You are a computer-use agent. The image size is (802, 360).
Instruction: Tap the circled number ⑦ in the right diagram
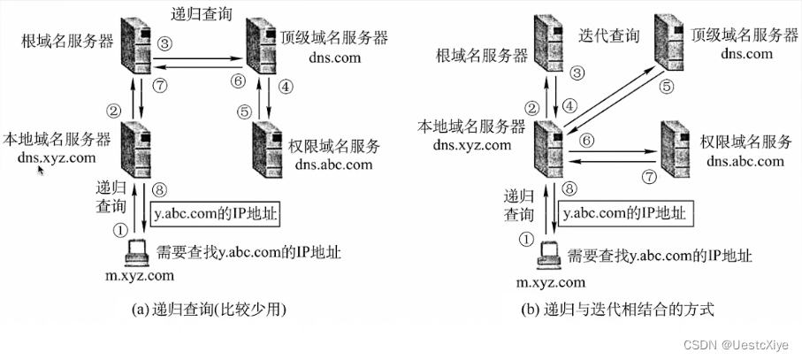[x=648, y=177]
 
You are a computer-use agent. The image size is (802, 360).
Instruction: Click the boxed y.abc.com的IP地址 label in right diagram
[x=623, y=213]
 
